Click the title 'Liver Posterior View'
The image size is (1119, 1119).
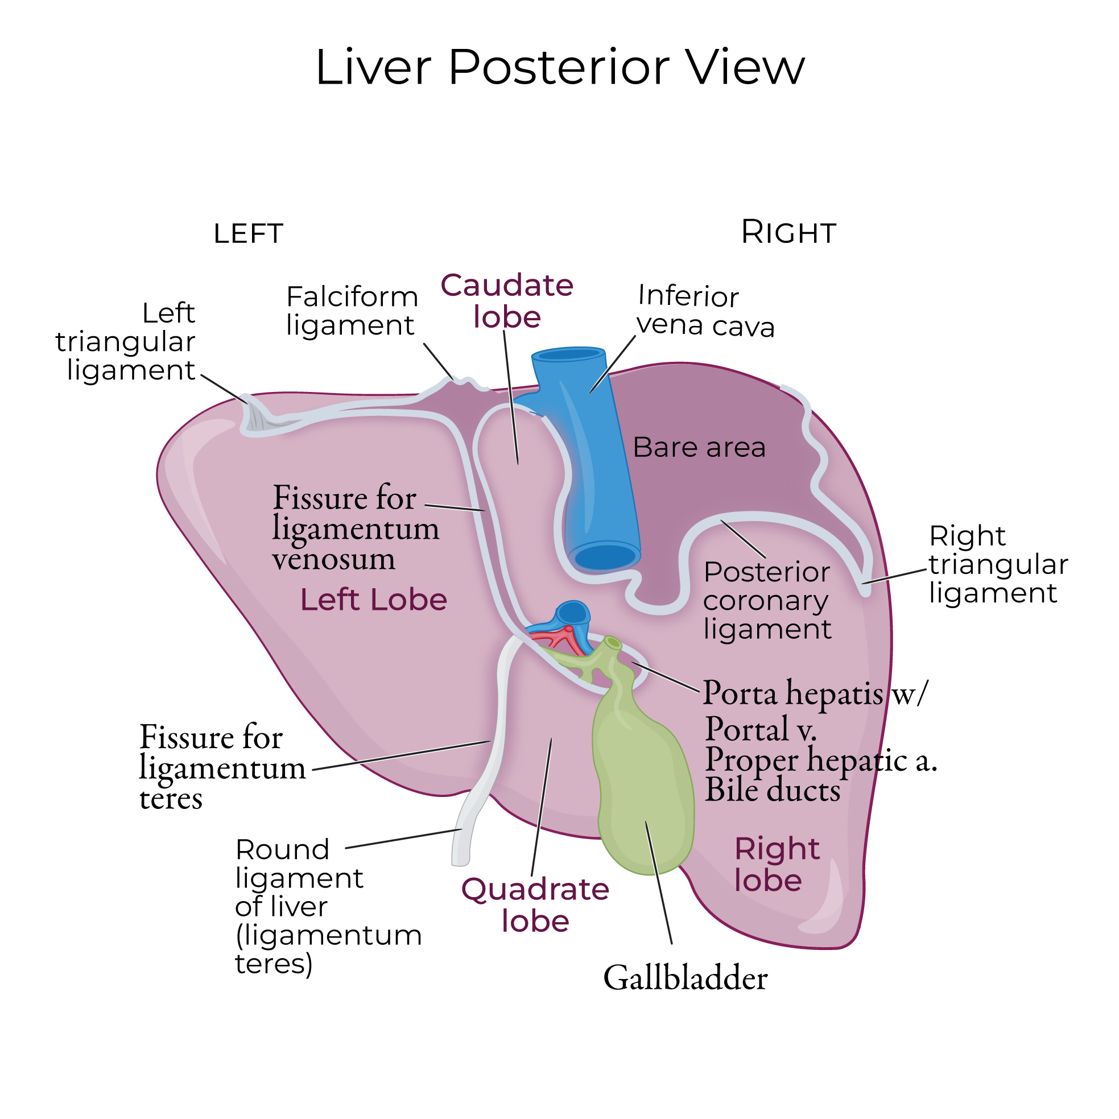(560, 68)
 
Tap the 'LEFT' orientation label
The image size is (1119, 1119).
(248, 234)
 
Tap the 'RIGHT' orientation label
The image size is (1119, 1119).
(788, 233)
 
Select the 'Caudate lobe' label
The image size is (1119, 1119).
(507, 301)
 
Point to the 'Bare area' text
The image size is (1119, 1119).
(699, 448)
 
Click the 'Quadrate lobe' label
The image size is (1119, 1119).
(535, 905)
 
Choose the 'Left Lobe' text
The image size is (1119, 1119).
(374, 600)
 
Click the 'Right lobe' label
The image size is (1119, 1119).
(776, 865)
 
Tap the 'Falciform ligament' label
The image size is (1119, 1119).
(352, 311)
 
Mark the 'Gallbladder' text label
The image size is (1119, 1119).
(685, 979)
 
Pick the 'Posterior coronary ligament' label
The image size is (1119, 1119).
(767, 601)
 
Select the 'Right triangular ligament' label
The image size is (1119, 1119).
(998, 565)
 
